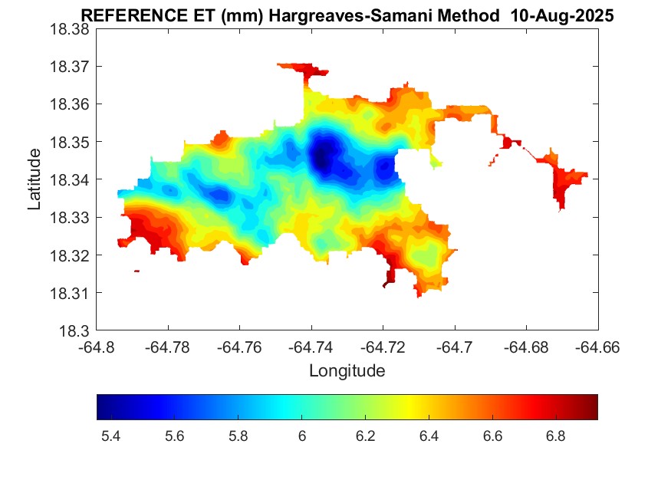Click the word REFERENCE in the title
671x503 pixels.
click(122, 16)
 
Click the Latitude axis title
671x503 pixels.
click(35, 179)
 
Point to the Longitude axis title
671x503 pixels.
click(347, 371)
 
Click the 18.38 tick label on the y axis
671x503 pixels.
click(70, 29)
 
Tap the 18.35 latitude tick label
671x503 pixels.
click(70, 143)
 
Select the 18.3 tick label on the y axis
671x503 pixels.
click(74, 331)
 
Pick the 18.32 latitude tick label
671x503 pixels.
click(70, 255)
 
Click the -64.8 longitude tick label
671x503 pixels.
click(97, 347)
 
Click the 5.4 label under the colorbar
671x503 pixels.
click(110, 436)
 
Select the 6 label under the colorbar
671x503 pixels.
click(302, 436)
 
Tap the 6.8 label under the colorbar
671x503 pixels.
click(556, 436)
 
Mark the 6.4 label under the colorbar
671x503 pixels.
click(429, 436)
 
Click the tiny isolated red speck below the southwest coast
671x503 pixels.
click(137, 271)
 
